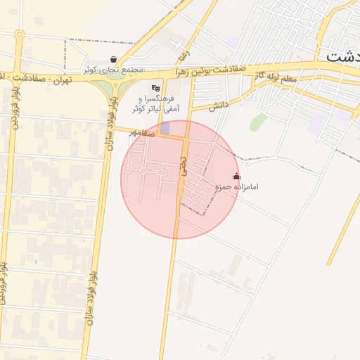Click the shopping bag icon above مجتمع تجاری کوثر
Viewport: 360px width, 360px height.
point(114,60)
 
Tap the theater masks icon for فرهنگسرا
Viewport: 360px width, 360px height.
point(155,88)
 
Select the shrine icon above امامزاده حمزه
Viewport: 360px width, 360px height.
point(236,176)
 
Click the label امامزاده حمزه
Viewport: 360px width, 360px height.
point(238,188)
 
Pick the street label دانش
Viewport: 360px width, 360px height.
point(221,105)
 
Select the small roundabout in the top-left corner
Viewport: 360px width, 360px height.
point(20,34)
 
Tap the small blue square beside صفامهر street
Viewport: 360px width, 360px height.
point(165,128)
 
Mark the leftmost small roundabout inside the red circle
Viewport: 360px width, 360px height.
point(128,170)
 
